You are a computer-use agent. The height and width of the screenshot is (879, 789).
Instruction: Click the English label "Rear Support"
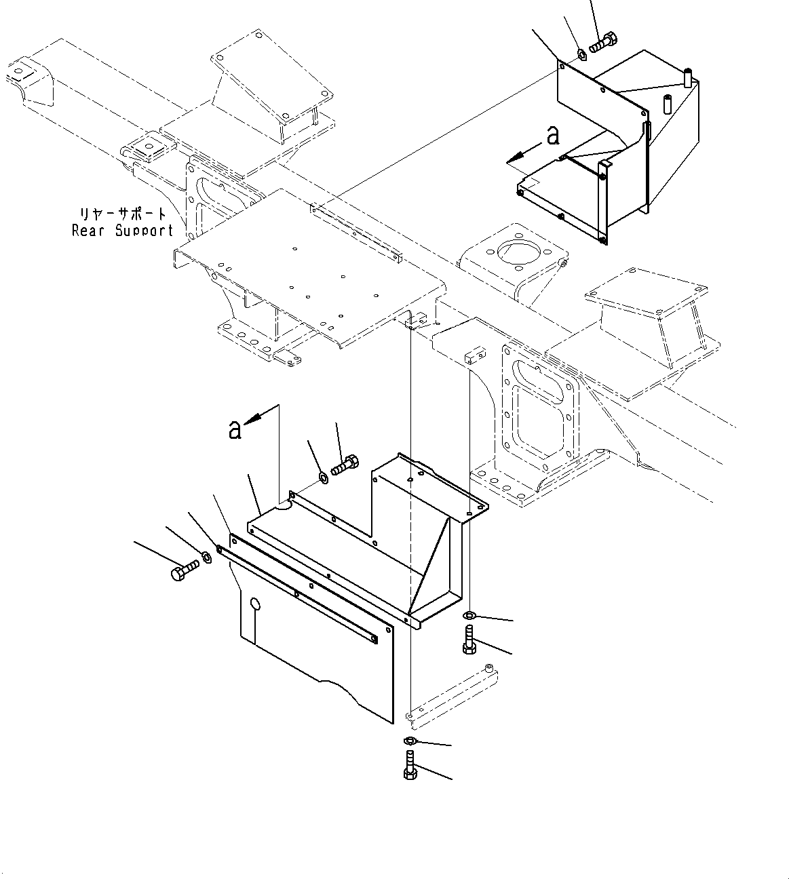(x=122, y=231)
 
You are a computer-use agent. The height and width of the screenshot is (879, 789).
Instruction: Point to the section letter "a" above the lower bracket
(x=235, y=429)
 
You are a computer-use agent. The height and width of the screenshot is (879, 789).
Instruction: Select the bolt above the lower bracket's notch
(x=346, y=466)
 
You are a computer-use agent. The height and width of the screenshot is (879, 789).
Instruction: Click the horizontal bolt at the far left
(x=184, y=570)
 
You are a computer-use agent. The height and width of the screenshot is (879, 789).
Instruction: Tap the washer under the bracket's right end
(x=469, y=615)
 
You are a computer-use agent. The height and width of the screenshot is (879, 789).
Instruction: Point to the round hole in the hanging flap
(x=254, y=604)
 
